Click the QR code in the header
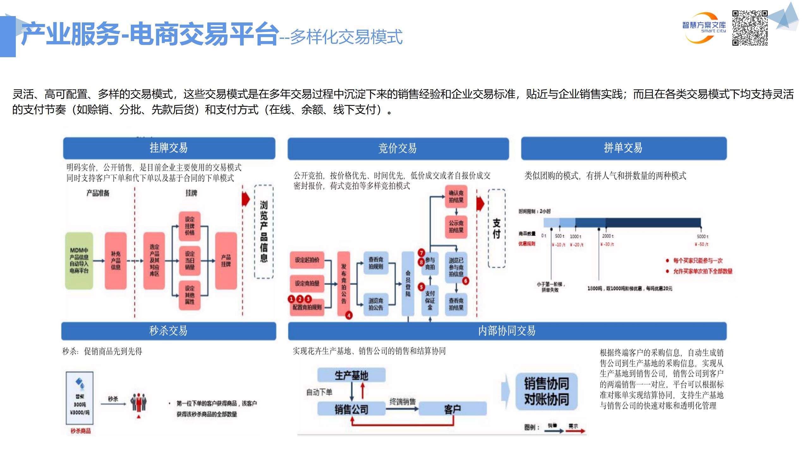point(750,28)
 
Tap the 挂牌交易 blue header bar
point(169,148)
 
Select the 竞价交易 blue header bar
point(398,148)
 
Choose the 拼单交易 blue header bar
point(623,148)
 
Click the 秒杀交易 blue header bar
point(168,331)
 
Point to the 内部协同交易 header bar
point(507,331)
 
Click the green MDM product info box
point(79,261)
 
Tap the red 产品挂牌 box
point(226,261)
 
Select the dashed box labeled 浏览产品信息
point(264,232)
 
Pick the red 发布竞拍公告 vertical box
point(344,283)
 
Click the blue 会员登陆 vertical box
point(408,283)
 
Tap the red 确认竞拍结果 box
point(456,197)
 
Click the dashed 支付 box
point(496,228)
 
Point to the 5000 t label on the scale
point(702,236)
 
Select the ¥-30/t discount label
point(607,244)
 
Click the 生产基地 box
point(351,375)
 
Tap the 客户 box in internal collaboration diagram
point(452,409)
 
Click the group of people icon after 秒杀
point(139,402)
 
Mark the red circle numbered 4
point(349,315)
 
